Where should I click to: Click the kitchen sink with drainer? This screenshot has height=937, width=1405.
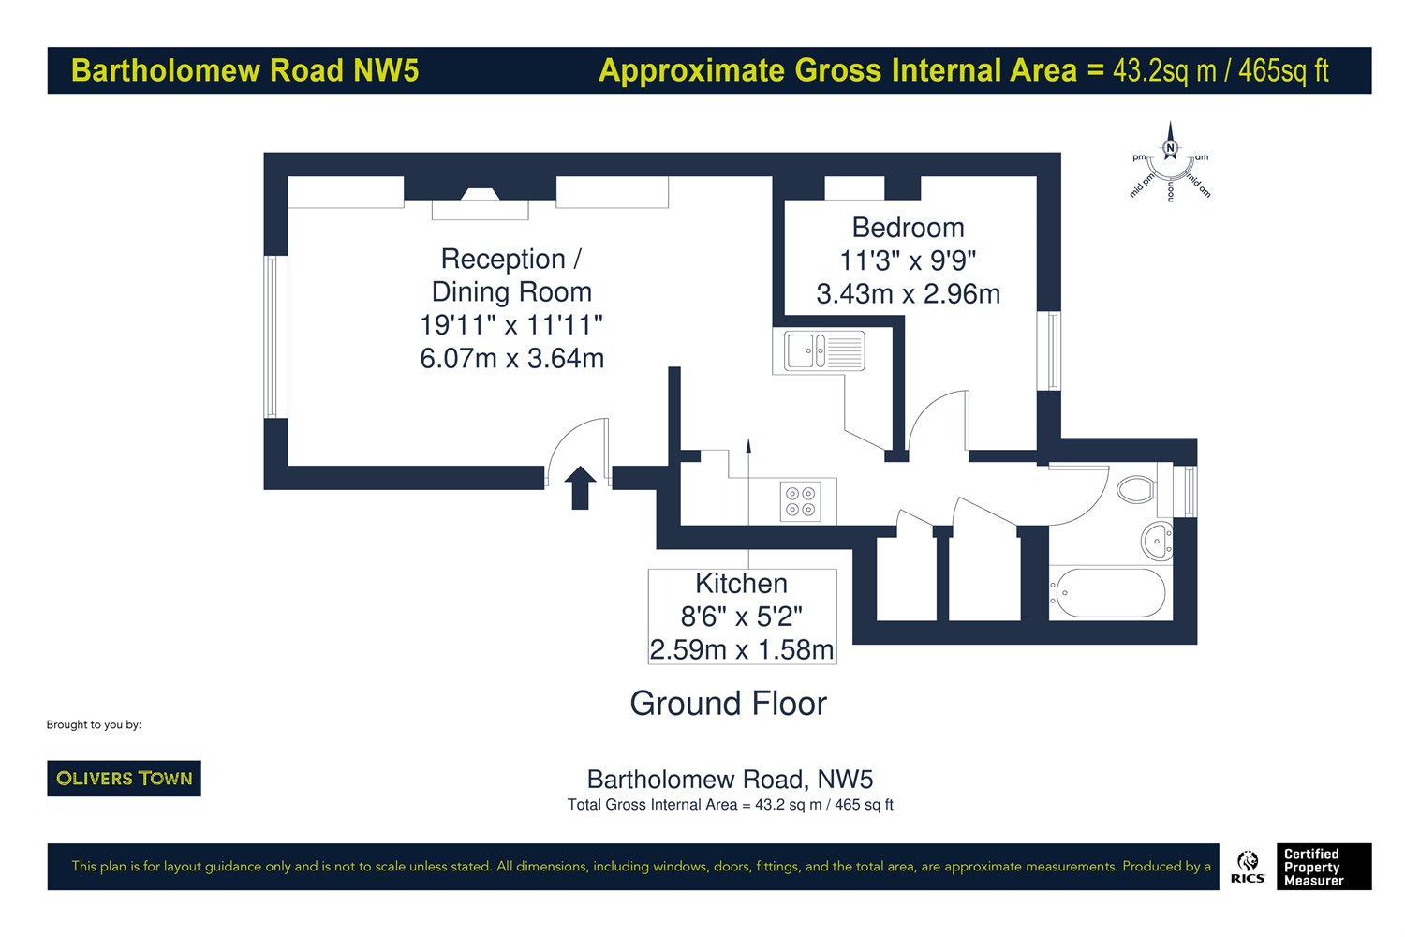[x=824, y=350]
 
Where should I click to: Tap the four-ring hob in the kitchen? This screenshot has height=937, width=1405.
[x=800, y=500]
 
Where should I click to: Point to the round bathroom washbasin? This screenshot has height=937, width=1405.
[x=1157, y=541]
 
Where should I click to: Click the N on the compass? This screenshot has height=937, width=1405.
[x=1170, y=148]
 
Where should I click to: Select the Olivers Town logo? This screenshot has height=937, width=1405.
[x=125, y=779]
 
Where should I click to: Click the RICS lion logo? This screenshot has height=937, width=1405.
[x=1248, y=867]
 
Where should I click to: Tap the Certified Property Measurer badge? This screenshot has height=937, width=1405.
[x=1324, y=867]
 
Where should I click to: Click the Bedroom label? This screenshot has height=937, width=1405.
[x=908, y=227]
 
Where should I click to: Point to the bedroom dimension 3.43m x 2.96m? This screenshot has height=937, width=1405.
[x=908, y=293]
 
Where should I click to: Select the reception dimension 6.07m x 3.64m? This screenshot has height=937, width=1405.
[x=511, y=358]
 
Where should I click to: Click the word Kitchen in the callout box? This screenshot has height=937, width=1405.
[x=741, y=584]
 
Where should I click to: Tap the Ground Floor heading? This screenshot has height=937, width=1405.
[x=728, y=703]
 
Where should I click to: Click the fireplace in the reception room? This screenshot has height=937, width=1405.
[x=480, y=204]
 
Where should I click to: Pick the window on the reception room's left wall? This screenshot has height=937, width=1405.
[x=271, y=336]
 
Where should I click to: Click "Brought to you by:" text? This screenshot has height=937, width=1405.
[x=94, y=725]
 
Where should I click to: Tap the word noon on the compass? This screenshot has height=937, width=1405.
[x=1171, y=191]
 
